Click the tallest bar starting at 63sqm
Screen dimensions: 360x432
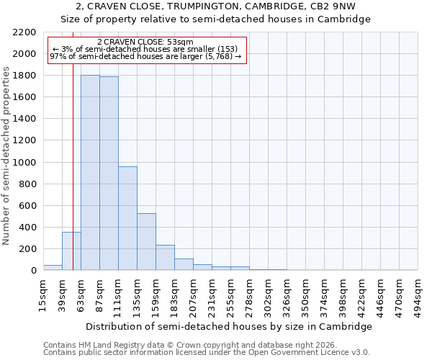[90, 173]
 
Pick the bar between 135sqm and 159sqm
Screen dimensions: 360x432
[146, 242]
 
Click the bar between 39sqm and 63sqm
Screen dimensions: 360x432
[71, 251]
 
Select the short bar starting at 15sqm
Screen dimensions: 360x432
[53, 268]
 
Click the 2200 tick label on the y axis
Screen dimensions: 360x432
[24, 32]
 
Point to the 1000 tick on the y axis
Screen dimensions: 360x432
[24, 163]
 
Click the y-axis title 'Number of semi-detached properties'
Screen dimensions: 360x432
[6, 156]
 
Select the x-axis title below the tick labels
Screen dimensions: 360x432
[230, 326]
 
